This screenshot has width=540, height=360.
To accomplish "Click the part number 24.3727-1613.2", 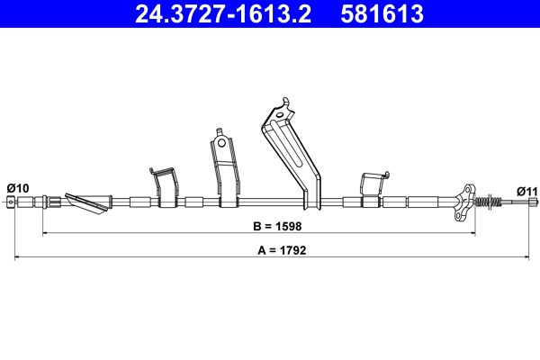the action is [x=223, y=13].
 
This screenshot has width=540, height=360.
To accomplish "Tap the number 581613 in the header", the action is [x=382, y=13].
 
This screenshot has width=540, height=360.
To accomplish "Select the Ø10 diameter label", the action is [x=18, y=188].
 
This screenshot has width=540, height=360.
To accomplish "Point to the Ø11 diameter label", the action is [x=526, y=191].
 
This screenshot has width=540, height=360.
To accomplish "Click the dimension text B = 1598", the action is [x=277, y=226].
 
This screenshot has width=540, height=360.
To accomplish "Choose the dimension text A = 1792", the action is [x=282, y=250].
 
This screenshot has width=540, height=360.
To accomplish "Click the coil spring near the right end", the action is [x=488, y=201].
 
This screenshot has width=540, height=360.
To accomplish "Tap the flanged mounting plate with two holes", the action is [x=465, y=202].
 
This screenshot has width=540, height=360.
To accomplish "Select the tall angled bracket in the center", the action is [x=292, y=153].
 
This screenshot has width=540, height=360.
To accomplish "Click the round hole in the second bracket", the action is [x=221, y=142].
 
